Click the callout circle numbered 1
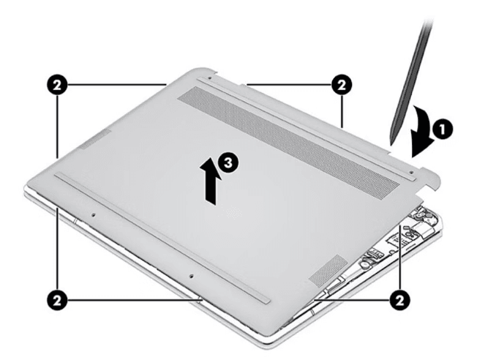tap(442, 129)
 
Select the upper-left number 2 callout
tap(57, 85)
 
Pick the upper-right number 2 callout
tap(342, 85)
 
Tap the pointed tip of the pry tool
tap(391, 145)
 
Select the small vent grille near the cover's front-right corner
tap(328, 269)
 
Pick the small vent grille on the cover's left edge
tap(95, 139)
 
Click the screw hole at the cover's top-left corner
tap(210, 77)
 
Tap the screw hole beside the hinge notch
tap(411, 172)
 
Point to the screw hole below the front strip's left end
tap(93, 215)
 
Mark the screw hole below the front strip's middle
tap(191, 276)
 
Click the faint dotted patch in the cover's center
tap(233, 211)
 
